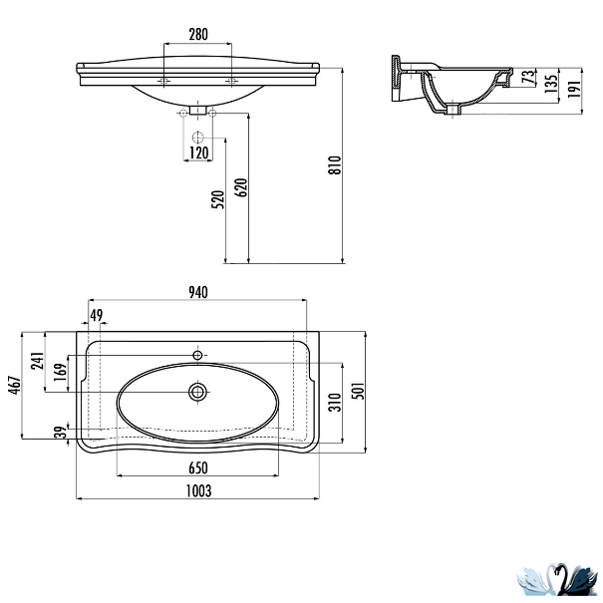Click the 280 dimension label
coord(198,34)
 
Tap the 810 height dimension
coord(335,165)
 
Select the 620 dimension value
coord(241,187)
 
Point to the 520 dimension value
coord(217,199)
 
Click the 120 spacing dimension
coord(198,152)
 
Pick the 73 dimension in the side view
coord(529,77)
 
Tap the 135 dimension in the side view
coord(551,84)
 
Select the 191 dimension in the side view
coord(573,89)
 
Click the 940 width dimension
coord(198,293)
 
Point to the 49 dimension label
coord(96,315)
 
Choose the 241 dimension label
coord(37,361)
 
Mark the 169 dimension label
coord(61,372)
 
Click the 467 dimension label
coord(15,385)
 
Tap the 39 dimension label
coord(61,433)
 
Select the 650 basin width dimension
coord(198,468)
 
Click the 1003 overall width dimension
coord(198,491)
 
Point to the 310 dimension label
coord(335,403)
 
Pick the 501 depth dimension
coord(357,391)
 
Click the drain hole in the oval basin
coord(197,393)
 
